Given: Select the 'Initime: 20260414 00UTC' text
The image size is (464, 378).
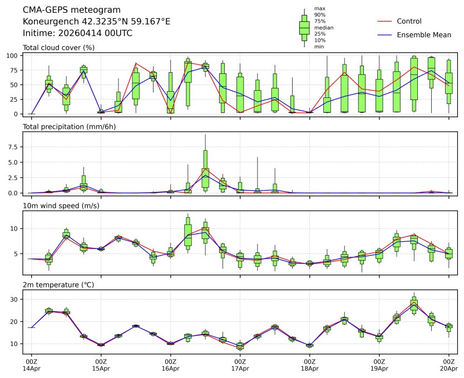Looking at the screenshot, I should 77,33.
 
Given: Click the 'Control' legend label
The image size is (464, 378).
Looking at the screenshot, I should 409,21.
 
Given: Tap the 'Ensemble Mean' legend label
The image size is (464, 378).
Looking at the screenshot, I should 423,35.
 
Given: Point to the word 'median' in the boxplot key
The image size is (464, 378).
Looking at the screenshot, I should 323,27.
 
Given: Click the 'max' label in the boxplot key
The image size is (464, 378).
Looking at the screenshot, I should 319,8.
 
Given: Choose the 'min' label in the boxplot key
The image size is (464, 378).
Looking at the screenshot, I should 319,47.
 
